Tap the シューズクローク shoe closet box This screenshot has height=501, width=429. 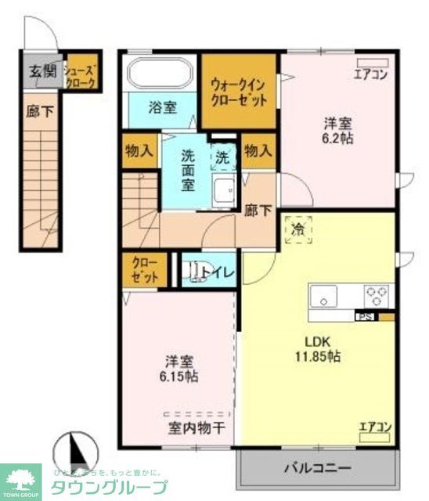(x=81, y=71)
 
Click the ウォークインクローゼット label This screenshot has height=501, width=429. (x=239, y=91)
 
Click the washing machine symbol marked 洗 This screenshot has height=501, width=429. (x=224, y=157)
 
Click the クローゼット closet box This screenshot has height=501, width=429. (x=145, y=269)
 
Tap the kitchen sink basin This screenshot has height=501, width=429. (x=323, y=297)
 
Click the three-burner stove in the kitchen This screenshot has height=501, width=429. (x=375, y=297)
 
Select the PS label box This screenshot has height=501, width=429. (x=364, y=316)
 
